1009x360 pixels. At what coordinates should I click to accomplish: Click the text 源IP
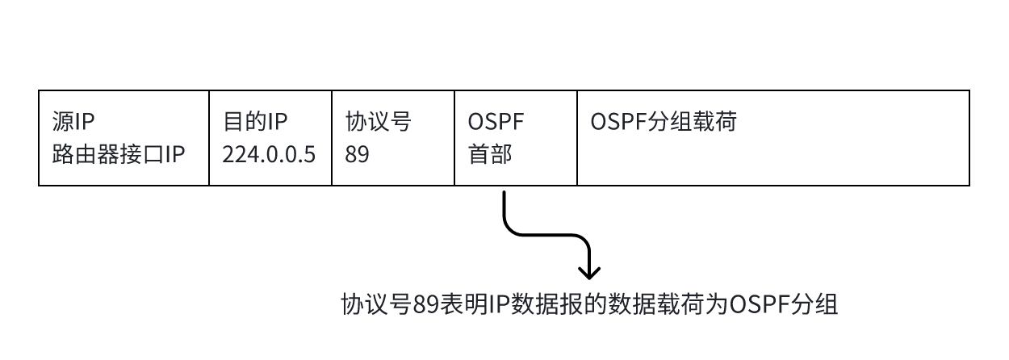pos(73,122)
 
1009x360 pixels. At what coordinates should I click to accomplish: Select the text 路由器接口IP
pos(118,154)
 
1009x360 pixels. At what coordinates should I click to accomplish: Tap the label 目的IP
pos(255,122)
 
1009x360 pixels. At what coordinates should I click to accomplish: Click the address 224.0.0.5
pos(269,154)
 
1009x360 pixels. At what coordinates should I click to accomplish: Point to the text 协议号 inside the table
pos(378,122)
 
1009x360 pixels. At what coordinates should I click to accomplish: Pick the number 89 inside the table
pos(357,154)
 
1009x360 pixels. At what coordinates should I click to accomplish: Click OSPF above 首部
pos(496,122)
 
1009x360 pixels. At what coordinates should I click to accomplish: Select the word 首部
pos(489,154)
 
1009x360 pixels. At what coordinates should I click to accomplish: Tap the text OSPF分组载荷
pos(663,122)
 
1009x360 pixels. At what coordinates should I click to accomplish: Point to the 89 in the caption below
pos(425,305)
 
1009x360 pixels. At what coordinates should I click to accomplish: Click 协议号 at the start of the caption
pos(375,305)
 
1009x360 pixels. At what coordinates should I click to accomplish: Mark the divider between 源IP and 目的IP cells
pos(209,138)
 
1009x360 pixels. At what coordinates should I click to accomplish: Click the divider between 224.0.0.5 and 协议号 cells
pos(332,138)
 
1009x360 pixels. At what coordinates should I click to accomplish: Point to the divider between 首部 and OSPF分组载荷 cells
pos(577,138)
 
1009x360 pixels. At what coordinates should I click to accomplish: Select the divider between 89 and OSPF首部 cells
pos(454,138)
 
